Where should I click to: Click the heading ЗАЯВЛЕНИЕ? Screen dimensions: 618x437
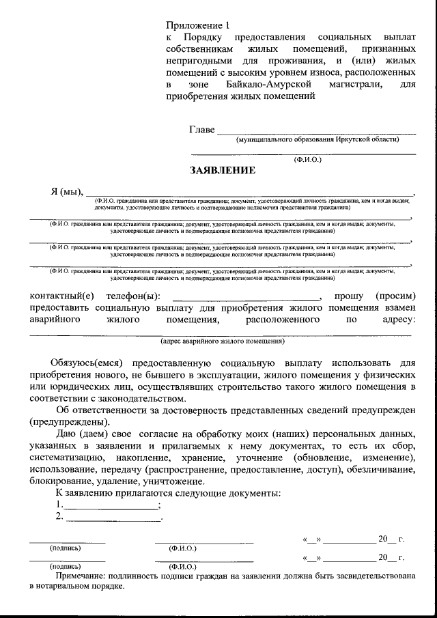pos(223,170)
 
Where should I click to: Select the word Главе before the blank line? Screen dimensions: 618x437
pos(201,130)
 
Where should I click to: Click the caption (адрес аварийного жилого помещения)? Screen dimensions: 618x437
pos(223,340)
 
